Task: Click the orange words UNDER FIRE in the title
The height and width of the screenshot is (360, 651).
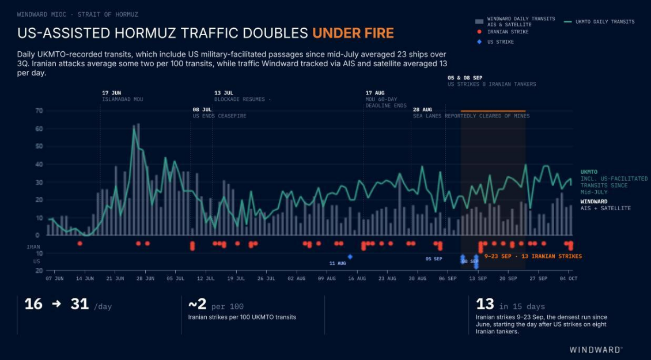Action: (x=353, y=33)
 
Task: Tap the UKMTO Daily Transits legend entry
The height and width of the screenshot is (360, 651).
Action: (x=600, y=21)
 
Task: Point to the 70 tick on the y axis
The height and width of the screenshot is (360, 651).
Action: (x=39, y=111)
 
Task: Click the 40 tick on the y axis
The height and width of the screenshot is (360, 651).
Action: (x=39, y=164)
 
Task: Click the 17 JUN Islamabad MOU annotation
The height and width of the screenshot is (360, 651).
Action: (x=123, y=96)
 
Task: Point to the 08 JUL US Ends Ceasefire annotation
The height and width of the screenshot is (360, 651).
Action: (x=219, y=112)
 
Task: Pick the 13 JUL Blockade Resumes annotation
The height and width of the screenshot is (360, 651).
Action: (x=243, y=96)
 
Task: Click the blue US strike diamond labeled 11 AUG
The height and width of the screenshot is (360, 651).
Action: (x=350, y=257)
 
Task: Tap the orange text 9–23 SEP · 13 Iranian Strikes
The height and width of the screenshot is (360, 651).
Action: (x=533, y=256)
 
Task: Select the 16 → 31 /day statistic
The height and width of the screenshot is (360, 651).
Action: (x=68, y=305)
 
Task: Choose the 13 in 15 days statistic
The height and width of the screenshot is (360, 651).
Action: (x=510, y=305)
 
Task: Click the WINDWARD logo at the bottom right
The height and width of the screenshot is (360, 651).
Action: (x=595, y=349)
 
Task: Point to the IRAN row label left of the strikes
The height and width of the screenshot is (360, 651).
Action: (x=33, y=247)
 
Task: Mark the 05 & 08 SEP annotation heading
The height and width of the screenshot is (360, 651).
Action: (x=465, y=78)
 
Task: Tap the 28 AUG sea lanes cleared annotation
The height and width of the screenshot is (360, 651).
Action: (x=471, y=112)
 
